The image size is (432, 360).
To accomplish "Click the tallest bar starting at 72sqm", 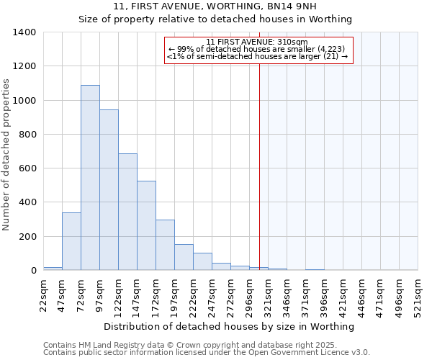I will pos(90,178).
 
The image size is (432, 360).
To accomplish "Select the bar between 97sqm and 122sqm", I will pos(109,190).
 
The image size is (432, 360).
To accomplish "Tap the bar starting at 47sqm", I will pos(71,241).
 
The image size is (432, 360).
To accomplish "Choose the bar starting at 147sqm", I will pos(146,225).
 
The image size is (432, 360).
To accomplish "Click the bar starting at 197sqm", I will pos(184,257).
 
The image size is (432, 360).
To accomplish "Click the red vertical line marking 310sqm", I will pos(259,166).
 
